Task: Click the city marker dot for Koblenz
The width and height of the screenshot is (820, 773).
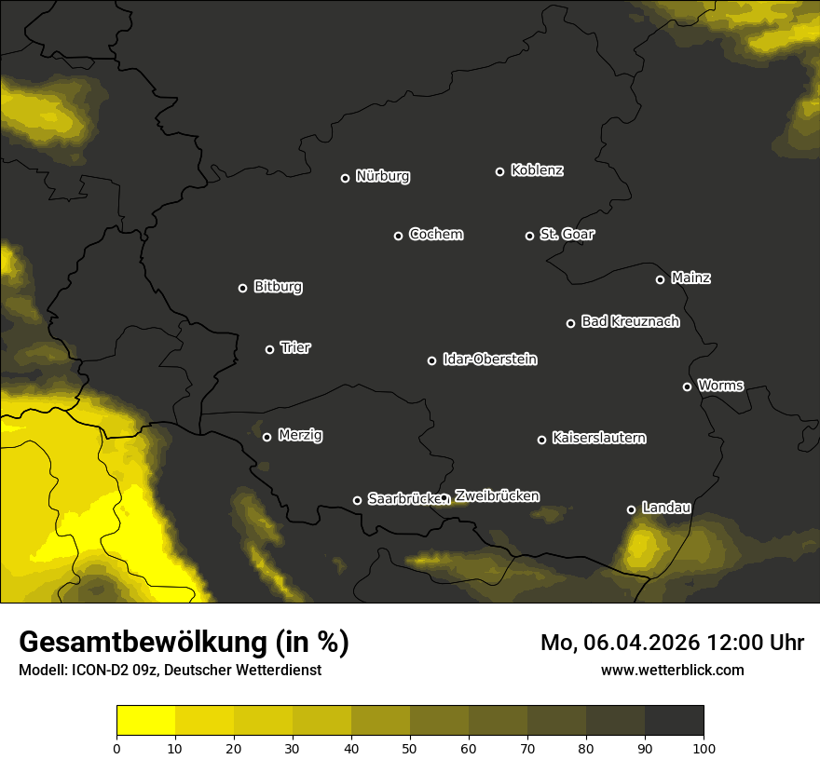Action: [499, 171]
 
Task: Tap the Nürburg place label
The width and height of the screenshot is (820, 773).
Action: [382, 176]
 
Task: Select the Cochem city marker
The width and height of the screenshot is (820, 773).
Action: [398, 236]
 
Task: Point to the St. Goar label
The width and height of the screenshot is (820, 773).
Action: [567, 234]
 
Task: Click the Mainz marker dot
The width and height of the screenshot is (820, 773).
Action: [660, 279]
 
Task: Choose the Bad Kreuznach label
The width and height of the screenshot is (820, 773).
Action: [630, 321]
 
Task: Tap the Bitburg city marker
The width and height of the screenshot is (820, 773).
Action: [242, 288]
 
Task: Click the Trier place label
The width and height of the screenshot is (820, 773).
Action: [295, 347]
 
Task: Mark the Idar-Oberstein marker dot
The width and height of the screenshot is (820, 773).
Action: [431, 360]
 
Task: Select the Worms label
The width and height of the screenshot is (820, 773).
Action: [720, 385]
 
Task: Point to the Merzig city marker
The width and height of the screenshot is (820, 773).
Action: [266, 437]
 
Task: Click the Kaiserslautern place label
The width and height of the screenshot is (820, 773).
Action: [598, 438]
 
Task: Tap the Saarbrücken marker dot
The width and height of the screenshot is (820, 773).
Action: [357, 500]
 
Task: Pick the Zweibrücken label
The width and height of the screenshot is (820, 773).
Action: [497, 496]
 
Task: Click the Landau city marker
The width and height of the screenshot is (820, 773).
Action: [631, 509]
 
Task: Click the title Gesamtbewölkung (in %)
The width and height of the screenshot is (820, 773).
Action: [184, 643]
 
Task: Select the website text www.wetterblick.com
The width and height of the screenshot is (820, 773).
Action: [672, 670]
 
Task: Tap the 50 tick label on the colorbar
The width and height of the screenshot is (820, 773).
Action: [410, 748]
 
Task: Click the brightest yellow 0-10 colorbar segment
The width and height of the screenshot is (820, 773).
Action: [145, 721]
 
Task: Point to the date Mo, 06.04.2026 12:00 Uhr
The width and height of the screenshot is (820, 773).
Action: [672, 643]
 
